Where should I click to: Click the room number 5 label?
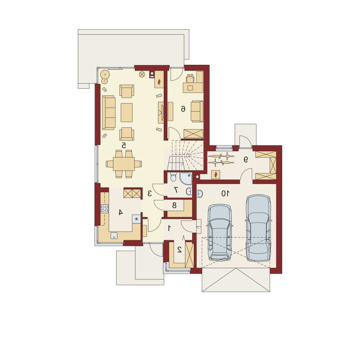point(124,145)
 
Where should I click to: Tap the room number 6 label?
point(183,108)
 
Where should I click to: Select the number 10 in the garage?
point(225,194)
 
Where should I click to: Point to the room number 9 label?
point(246,159)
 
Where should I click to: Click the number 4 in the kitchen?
point(121,212)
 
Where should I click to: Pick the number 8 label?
point(174,205)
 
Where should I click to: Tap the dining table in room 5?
point(124,164)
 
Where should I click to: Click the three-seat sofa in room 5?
point(108,113)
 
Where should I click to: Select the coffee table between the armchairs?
point(126,112)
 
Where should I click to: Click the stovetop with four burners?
point(105,209)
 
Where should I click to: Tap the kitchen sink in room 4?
point(114,235)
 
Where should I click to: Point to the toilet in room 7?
point(173,177)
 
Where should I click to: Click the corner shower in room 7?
point(186,179)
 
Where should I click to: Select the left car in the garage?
point(220,233)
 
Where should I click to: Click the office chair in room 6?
point(190,78)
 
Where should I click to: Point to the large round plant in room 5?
point(105,74)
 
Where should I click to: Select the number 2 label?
point(180,250)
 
